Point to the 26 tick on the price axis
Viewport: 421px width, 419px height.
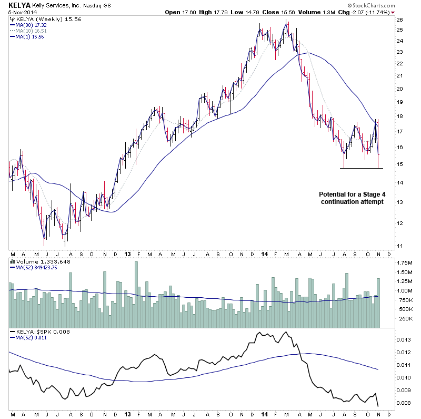coord(399,20)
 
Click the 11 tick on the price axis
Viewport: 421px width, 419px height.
coord(399,246)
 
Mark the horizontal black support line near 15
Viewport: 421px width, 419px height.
coord(362,168)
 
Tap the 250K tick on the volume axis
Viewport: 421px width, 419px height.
coord(404,318)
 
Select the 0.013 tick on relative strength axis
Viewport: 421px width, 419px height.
coord(403,339)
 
